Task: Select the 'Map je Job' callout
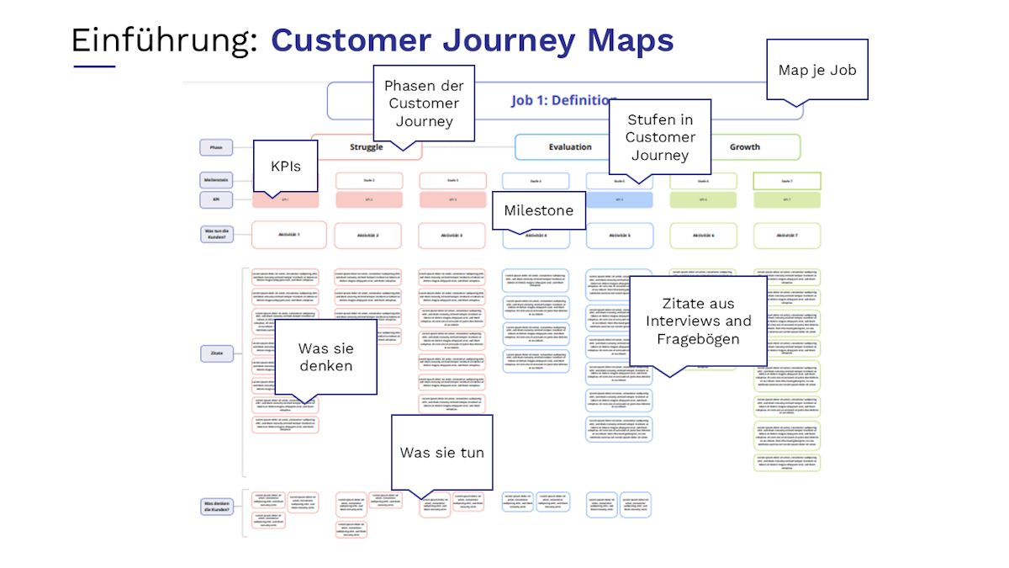817,70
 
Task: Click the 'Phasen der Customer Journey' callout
424,103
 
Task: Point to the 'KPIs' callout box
285,166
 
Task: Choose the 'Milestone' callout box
538,210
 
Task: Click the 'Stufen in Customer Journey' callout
660,136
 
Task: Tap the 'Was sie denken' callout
325,356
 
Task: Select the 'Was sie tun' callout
441,452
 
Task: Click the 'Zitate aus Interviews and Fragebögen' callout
698,321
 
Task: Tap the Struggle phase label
366,147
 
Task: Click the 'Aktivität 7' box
786,236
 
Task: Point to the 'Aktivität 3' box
452,236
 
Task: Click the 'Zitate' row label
216,354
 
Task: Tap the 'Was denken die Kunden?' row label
216,507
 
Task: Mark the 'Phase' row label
216,147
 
